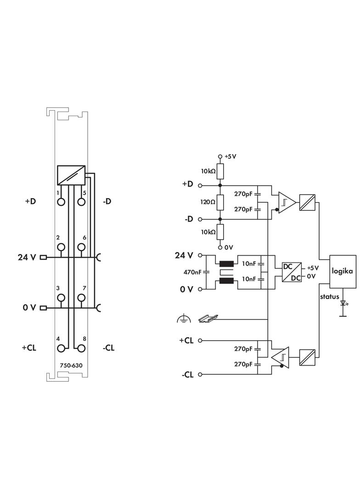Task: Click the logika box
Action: coord(342,272)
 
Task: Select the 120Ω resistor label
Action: coord(208,202)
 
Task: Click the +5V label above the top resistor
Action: coord(230,156)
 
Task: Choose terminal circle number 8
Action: coord(81,348)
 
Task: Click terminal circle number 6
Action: coord(81,248)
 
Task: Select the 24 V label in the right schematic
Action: coord(184,255)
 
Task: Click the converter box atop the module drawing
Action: coord(71,174)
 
